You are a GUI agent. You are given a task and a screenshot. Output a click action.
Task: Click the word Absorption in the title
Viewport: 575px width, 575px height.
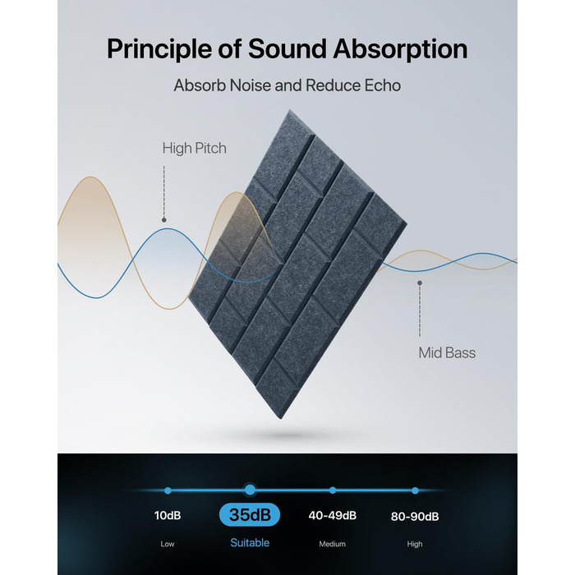(400, 48)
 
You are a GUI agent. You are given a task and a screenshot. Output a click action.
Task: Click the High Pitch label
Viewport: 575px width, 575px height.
(195, 148)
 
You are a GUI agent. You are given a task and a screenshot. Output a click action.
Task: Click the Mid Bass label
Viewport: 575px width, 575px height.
(447, 352)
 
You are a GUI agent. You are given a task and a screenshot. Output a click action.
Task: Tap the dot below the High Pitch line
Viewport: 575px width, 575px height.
(164, 220)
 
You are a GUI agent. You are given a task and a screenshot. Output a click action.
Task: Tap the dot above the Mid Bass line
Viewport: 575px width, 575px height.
(420, 283)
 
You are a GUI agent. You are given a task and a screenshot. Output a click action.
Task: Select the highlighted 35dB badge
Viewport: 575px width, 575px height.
(250, 514)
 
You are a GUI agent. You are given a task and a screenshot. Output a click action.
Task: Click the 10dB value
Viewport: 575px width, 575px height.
(168, 515)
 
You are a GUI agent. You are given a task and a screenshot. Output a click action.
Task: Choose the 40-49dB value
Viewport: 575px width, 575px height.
(332, 515)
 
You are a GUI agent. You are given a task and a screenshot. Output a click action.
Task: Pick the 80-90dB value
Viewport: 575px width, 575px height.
(415, 517)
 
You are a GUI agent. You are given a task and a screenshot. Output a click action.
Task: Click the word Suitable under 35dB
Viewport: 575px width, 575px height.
(250, 543)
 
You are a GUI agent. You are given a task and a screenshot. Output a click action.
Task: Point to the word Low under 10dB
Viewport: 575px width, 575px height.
(168, 544)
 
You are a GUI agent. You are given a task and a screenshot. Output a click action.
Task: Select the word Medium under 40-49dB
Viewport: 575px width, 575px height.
(332, 544)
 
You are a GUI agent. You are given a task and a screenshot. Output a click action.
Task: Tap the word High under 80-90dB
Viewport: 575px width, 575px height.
(415, 544)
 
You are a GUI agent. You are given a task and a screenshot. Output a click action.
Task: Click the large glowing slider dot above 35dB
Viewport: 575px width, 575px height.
(250, 490)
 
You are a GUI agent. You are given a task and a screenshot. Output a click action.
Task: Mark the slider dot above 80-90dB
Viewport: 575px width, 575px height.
(415, 490)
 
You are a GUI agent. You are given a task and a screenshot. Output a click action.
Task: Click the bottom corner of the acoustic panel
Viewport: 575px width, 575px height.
(281, 419)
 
